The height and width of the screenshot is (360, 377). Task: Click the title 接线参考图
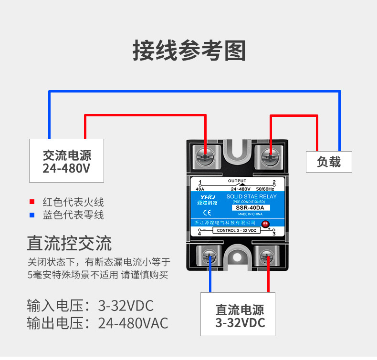[x=188, y=51]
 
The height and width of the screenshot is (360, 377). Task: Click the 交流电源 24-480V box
[x=66, y=161]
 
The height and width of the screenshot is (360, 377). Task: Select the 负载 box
[x=329, y=162]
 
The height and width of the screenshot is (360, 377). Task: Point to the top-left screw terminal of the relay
[x=205, y=155]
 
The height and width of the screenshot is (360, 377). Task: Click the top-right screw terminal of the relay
[x=270, y=155]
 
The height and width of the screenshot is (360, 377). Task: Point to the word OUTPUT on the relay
[x=237, y=181]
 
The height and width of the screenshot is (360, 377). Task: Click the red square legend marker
[x=32, y=202]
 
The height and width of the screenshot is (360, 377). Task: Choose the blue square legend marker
[x=32, y=215]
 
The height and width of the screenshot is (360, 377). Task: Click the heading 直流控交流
[x=69, y=243]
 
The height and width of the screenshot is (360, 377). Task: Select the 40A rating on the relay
[x=200, y=189]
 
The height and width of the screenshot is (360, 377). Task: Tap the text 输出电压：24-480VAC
[x=98, y=323]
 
